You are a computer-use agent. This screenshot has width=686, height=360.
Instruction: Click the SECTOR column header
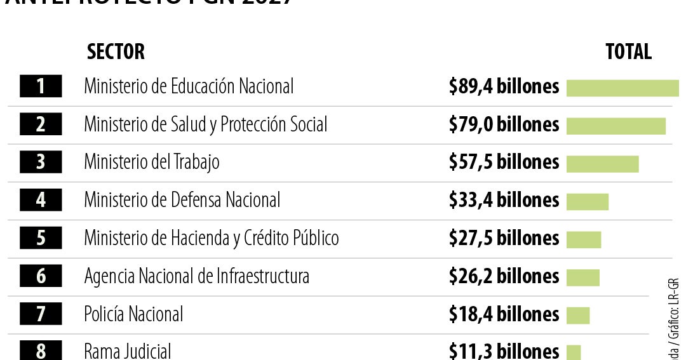click(x=116, y=51)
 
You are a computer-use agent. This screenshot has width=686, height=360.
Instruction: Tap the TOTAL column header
click(x=628, y=51)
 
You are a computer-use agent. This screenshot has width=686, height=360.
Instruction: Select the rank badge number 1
click(x=41, y=86)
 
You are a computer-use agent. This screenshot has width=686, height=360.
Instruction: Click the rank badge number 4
click(x=41, y=201)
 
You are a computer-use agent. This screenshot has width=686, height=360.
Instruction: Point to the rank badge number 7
click(x=41, y=314)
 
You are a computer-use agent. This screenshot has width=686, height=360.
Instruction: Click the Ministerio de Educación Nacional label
click(x=189, y=86)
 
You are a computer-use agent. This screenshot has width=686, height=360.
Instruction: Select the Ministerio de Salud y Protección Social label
click(x=205, y=124)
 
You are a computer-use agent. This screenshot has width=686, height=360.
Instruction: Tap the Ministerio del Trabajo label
click(x=151, y=163)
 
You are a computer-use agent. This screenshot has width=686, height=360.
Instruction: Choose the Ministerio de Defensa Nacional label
click(x=182, y=201)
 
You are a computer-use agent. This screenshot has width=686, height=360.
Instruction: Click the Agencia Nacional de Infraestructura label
click(x=196, y=276)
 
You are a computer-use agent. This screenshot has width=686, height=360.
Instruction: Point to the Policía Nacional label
click(x=133, y=314)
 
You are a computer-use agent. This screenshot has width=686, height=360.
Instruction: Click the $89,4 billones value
click(x=504, y=86)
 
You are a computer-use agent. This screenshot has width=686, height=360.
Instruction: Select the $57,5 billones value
click(x=504, y=163)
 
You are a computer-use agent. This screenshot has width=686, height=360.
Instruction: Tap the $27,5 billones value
click(x=504, y=238)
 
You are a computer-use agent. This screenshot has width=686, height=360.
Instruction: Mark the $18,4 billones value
click(x=504, y=314)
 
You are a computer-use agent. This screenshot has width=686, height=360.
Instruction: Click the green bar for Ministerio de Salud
click(x=615, y=126)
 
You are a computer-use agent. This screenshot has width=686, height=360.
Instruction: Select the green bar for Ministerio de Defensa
click(x=587, y=202)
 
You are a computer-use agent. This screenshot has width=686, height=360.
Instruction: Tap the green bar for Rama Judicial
click(x=573, y=352)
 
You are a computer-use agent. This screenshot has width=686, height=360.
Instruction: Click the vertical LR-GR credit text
click(x=675, y=311)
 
